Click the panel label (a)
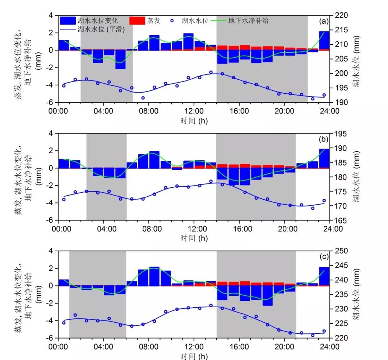[x=324, y=21]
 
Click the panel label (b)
[x=324, y=139]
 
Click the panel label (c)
[x=324, y=257]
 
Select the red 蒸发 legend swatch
[x=136, y=21]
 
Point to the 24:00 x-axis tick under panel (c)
[x=329, y=347]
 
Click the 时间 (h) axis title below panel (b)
[x=194, y=238]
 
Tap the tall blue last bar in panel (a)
[x=324, y=41]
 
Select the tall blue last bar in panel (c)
[x=324, y=276]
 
